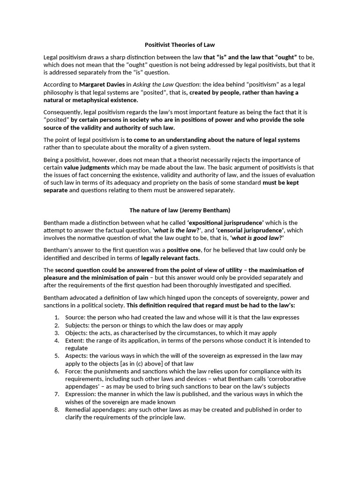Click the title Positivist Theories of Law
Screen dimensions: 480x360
pos(180,45)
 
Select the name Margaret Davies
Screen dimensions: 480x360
pos(102,84)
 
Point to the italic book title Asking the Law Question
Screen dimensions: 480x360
pos(166,84)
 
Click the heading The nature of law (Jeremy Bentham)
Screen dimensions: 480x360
pos(180,210)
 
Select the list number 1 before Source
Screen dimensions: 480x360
pos(56,317)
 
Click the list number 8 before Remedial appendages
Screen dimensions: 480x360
pos(56,410)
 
